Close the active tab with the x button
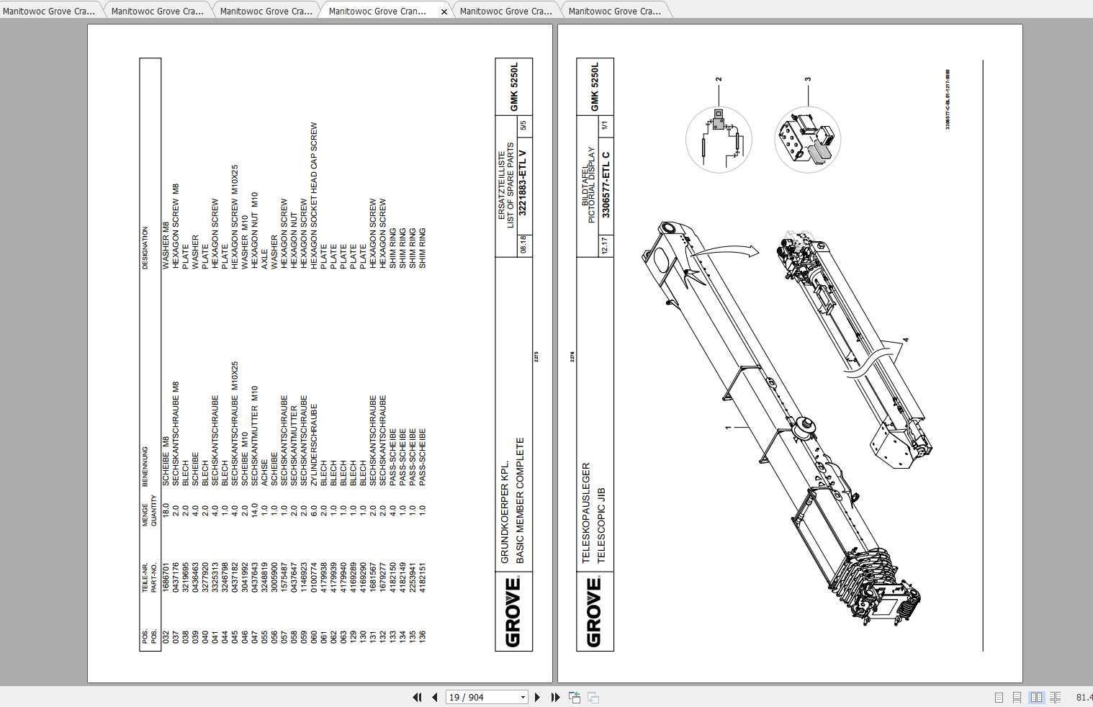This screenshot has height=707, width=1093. pos(444,12)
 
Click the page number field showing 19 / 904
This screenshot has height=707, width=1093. pos(482,697)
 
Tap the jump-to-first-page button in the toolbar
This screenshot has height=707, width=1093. pos(417,697)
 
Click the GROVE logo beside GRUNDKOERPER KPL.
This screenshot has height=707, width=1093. pos(513,612)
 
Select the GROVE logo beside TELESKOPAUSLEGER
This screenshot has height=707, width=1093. pos(595,612)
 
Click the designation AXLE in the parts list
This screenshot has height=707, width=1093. pos(264,261)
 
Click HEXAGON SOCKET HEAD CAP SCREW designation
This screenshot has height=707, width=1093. pos(314,196)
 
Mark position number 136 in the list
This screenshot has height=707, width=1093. pos(423,636)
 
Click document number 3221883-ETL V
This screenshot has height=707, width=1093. pos(523,183)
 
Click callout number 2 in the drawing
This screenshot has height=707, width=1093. pos(719,79)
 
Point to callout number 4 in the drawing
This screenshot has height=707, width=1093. pos(906,339)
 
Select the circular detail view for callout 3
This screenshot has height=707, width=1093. pos(807,140)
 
